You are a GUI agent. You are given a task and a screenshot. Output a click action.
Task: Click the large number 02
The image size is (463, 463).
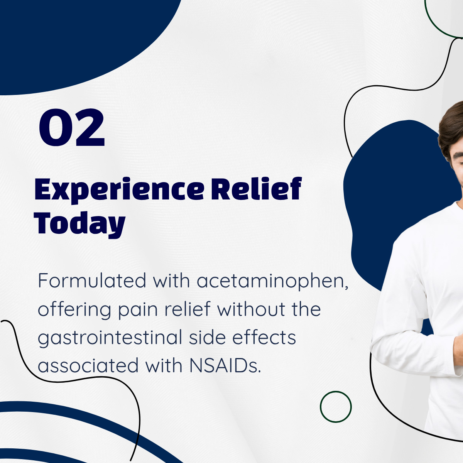coord(72,127)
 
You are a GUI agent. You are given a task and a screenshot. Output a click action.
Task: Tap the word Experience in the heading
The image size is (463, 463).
coord(119,190)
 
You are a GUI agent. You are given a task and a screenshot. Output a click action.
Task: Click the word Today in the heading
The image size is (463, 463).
coord(80,224)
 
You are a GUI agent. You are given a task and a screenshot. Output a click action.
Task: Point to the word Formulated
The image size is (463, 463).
coord(92,280)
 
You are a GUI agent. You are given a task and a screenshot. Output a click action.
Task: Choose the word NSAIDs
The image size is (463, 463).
coord(225,366)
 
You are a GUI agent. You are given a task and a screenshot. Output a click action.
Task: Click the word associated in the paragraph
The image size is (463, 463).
coord(88,365)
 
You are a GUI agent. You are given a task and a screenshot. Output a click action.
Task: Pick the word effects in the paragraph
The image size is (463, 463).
coord(264,337)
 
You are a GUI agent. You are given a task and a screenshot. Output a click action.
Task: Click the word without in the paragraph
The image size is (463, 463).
coord(251,309)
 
